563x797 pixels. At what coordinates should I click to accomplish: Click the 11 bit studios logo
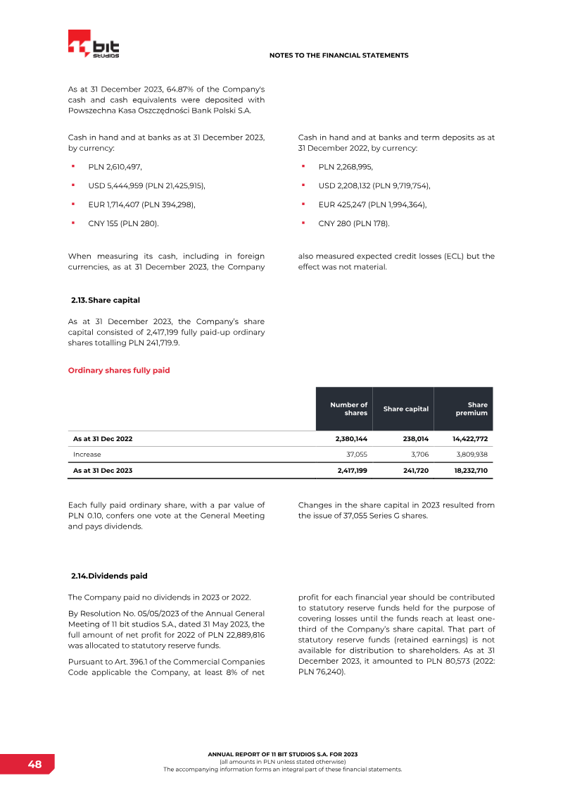[x=94, y=45]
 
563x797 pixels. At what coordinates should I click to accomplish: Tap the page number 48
[x=34, y=765]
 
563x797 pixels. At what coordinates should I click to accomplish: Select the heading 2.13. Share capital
[x=106, y=300]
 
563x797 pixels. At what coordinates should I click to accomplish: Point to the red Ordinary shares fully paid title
[x=119, y=370]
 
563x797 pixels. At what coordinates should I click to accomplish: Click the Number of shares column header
[x=349, y=409]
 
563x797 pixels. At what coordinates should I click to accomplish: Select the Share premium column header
[x=472, y=409]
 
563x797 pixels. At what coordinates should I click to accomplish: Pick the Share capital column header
[x=405, y=409]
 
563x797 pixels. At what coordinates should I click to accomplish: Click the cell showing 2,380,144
[x=349, y=439]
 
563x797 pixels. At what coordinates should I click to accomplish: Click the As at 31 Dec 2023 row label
[x=103, y=470]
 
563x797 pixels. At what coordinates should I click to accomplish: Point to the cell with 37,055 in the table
[x=355, y=455]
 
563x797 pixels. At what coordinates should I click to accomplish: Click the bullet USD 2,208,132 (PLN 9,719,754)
[x=374, y=185]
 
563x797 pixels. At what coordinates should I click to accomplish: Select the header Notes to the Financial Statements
[x=339, y=55]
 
